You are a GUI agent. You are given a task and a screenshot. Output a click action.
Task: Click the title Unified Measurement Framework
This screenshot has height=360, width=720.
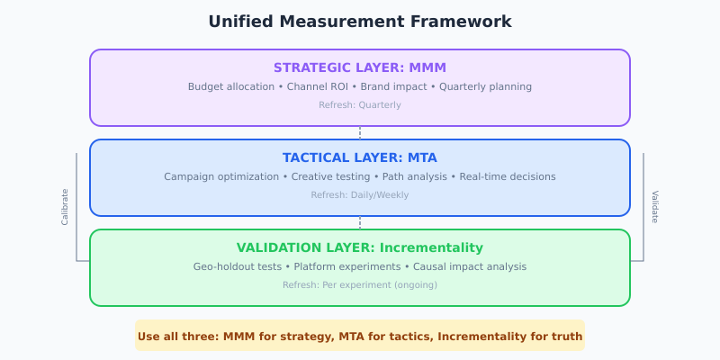pos(360,22)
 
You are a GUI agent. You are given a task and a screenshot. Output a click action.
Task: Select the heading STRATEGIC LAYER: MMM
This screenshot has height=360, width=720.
pos(360,67)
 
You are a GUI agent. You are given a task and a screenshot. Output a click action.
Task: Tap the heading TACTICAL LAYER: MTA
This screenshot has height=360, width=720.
pos(360,157)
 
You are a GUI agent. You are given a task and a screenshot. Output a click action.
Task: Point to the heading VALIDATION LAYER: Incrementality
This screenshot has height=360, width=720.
pos(360,247)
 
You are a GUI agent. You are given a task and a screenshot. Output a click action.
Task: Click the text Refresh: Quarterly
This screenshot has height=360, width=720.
pos(360,105)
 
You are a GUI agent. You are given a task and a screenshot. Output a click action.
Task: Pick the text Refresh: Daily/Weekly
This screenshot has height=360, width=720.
pos(360,195)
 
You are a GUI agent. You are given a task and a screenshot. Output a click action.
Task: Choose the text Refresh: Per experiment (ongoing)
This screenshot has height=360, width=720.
pos(360,285)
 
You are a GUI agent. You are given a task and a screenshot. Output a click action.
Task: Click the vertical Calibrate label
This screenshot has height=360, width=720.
pos(65,207)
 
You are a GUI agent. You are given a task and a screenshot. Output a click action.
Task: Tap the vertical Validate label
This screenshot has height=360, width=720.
pos(655,207)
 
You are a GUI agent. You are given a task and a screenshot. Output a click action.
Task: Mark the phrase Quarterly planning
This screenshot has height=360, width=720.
pos(486,87)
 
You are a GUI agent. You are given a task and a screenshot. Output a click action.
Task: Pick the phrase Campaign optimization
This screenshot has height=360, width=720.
pos(220,177)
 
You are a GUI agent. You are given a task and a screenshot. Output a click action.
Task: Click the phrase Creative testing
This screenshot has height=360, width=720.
pos(329,177)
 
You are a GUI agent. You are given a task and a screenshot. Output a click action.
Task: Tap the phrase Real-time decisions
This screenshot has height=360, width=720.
pos(508,177)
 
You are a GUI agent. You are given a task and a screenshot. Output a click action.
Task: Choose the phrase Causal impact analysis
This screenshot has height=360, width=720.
pos(469,267)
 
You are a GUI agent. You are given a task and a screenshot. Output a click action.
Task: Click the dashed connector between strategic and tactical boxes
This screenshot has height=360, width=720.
pos(360,132)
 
